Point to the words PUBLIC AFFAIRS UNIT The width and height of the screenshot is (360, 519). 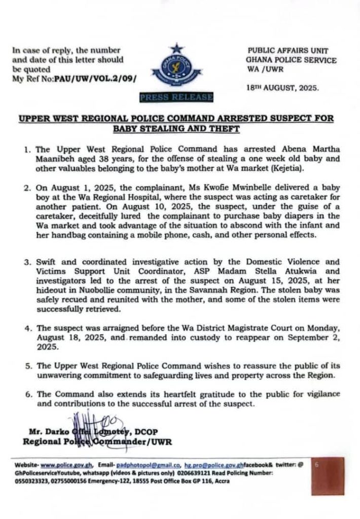coord(288,51)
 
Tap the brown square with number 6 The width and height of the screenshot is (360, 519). coord(328,475)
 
